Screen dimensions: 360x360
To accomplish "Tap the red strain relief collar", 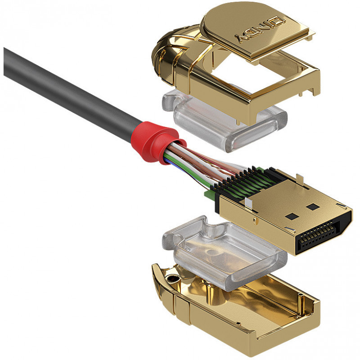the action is [156, 142].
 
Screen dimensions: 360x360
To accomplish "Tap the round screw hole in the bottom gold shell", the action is [173, 279].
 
